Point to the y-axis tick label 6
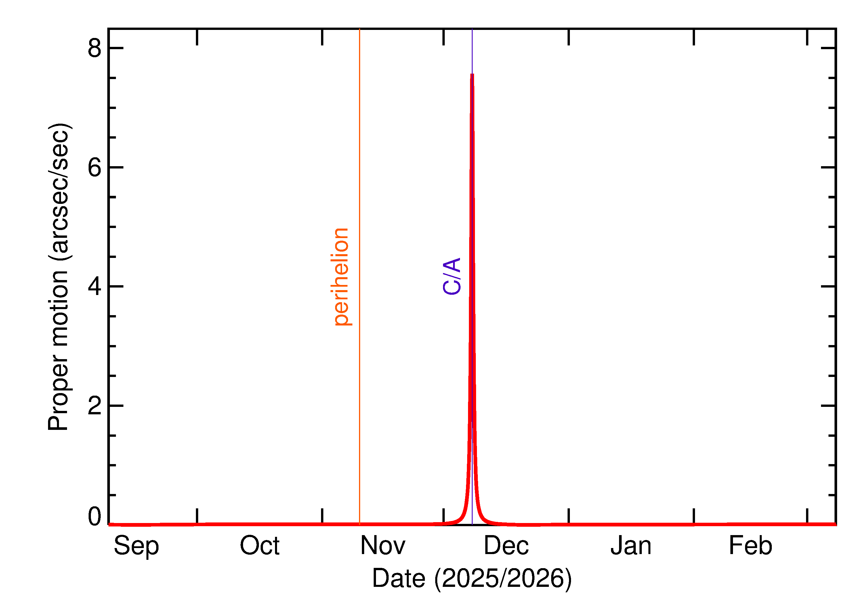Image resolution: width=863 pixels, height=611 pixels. [94, 167]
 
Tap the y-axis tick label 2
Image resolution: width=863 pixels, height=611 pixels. [94, 406]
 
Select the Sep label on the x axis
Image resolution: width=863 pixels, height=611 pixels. [136, 546]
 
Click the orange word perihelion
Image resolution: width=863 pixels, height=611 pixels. [341, 277]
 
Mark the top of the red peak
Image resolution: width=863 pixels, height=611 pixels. [472, 74]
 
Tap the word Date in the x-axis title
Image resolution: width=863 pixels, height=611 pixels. [399, 578]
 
